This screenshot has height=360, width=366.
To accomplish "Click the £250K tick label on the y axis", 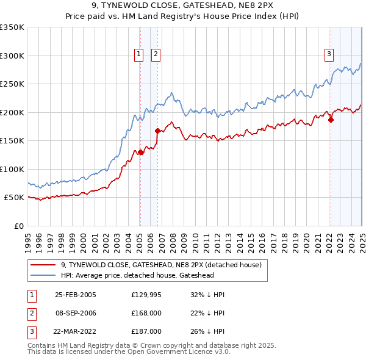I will point(12,84).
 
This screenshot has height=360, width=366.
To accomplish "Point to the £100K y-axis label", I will point(12,169).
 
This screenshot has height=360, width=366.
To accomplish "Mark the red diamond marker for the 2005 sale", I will point(140,152).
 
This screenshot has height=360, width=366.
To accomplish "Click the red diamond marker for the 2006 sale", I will point(157,131).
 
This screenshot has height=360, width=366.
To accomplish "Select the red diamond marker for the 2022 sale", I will point(331,120).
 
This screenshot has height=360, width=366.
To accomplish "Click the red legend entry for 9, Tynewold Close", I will point(161,265).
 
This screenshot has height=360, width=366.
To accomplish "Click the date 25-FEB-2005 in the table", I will point(76,295).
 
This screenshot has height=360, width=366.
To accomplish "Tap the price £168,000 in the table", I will point(146,313).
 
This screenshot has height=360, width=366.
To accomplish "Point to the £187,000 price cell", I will point(146,331).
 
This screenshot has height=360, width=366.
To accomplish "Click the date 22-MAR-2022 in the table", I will point(76,331).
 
